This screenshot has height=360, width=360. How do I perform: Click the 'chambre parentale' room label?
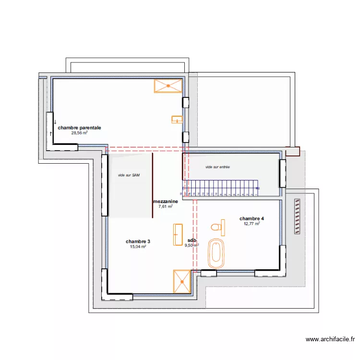pos(79,128)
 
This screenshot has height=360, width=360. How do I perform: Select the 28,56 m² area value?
pos(79,133)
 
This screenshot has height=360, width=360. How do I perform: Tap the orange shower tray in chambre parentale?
pos(168,86)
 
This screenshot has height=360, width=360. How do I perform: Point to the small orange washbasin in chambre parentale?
pos(177,120)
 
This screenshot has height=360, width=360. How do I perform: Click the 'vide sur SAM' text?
pos(129,175)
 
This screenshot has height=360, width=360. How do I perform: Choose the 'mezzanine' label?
pos(166,202)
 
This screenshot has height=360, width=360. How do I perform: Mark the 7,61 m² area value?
pos(166,207)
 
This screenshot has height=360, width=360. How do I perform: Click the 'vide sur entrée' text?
pos(217,167)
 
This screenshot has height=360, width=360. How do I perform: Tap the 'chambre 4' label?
pos(252,218)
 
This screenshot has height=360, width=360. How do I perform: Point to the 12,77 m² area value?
pos(252,224)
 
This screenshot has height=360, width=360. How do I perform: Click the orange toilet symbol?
pos(218,228)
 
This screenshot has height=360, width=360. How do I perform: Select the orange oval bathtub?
pos(216,253)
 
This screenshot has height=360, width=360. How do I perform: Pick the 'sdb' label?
pos(192,240)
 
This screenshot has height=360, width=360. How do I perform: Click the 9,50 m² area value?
pos(192,245)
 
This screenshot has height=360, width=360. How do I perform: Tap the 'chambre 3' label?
pos(138,241)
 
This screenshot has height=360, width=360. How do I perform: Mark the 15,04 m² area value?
pos(138,247)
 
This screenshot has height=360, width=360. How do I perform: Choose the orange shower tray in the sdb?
pos(182,281)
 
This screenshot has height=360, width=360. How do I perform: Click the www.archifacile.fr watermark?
pos(330,340)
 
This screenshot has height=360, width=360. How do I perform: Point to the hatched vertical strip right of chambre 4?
pos(297,217)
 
